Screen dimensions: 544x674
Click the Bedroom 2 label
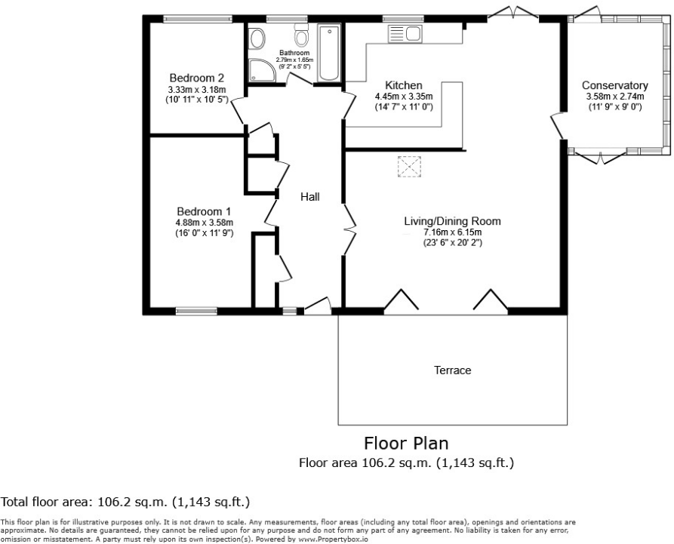click(196, 78)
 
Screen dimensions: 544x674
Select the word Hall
click(310, 197)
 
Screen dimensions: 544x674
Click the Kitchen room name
click(403, 85)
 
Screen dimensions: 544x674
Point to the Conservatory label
click(614, 85)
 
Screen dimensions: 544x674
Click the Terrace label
click(452, 370)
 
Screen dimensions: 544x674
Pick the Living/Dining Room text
click(452, 221)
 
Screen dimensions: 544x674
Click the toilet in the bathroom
click(302, 37)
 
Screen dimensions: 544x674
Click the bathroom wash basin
click(257, 38)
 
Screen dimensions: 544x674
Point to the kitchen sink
click(405, 33)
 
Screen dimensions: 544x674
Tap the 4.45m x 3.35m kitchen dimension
click(403, 97)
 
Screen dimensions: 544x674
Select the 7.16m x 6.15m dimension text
click(452, 232)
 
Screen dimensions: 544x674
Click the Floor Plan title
click(406, 442)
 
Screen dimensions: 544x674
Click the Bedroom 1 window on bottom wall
click(196, 310)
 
